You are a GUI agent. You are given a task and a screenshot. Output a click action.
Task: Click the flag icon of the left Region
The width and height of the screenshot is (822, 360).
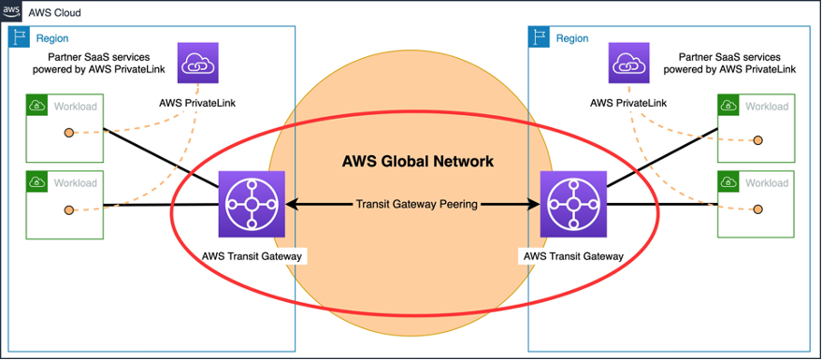[19, 37]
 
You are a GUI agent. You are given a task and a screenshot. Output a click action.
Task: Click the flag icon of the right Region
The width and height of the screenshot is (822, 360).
[540, 37]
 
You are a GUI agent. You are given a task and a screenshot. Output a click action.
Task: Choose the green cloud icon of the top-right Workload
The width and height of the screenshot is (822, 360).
[728, 106]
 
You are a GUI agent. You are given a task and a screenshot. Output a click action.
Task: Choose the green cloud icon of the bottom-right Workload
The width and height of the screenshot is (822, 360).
[728, 182]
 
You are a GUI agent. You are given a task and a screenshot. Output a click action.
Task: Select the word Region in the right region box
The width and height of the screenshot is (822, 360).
[572, 38]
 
